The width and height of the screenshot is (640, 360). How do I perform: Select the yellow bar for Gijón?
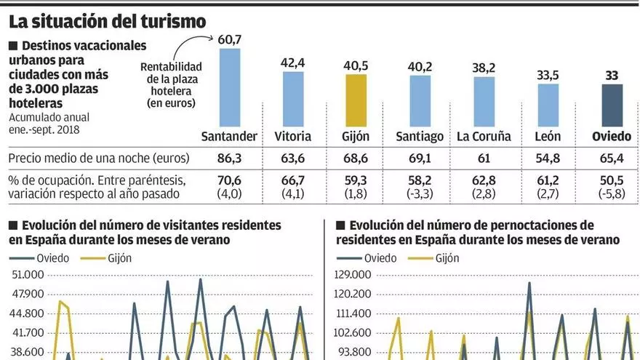click(x=356, y=101)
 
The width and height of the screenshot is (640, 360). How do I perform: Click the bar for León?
click(x=548, y=105)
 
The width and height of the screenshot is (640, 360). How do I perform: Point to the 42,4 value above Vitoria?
click(x=293, y=63)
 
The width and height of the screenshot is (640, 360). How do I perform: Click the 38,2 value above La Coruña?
click(x=484, y=68)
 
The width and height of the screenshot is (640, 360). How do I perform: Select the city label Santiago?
click(x=420, y=136)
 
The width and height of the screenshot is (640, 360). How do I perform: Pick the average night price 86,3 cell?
click(x=229, y=158)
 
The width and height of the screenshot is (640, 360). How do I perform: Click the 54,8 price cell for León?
click(x=548, y=158)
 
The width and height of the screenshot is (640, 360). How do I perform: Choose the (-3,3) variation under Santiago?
click(x=420, y=193)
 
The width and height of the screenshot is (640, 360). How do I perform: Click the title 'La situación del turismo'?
click(x=107, y=22)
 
